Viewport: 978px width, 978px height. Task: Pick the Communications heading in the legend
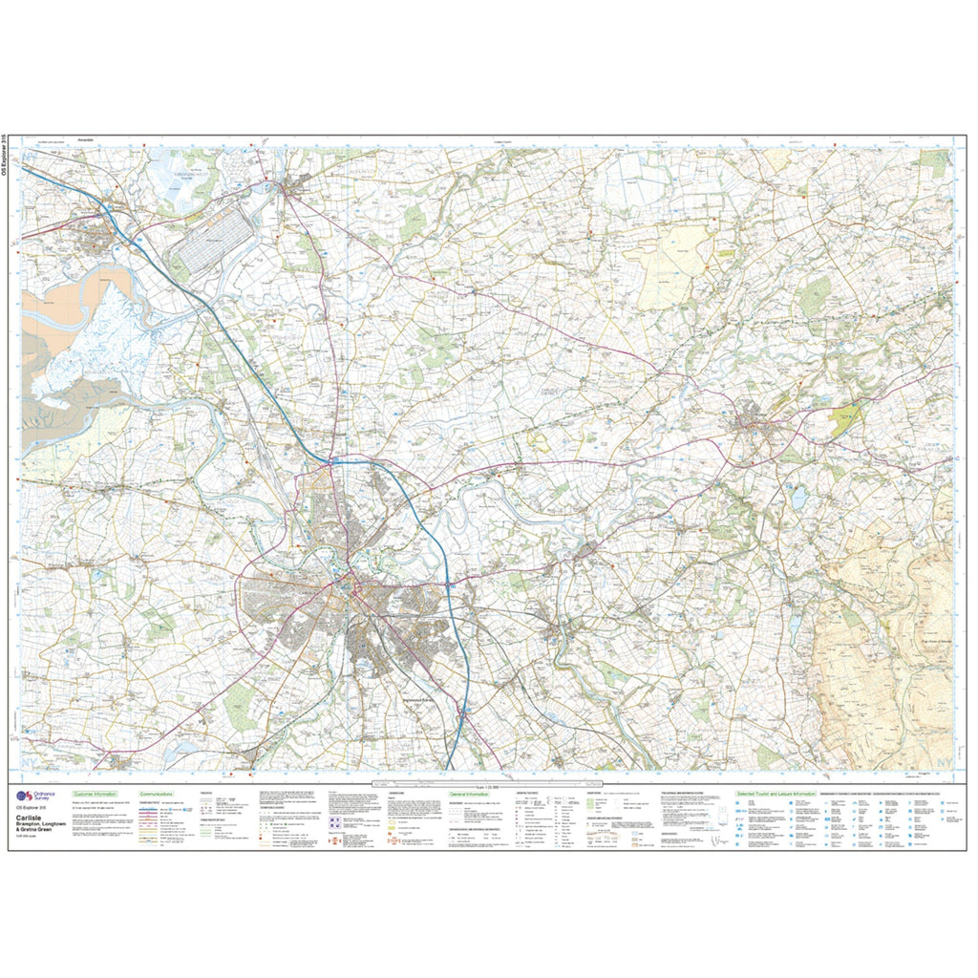coord(158,794)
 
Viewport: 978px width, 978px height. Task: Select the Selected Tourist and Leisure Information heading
coord(775,794)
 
